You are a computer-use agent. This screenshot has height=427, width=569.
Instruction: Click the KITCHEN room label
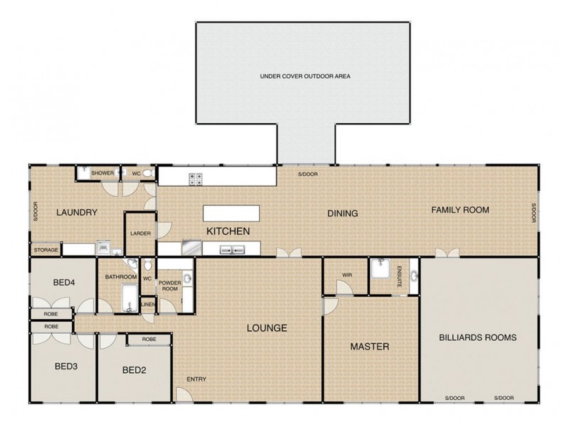pos(228,231)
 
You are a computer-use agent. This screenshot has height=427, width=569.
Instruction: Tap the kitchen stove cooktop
pos(196,179)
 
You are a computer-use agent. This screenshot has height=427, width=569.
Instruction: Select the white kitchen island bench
pos(232,213)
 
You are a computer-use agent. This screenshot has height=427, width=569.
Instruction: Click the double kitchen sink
pos(233,249)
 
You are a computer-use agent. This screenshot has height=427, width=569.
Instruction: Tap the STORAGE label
pos(45,250)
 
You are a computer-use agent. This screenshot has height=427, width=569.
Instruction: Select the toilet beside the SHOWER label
pos(146,173)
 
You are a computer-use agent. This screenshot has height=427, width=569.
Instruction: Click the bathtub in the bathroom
pos(129,297)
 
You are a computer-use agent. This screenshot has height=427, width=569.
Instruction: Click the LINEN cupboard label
pos(148,305)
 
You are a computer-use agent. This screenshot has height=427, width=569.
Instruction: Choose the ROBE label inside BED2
pos(149,339)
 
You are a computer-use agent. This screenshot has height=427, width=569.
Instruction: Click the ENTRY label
pos(196,379)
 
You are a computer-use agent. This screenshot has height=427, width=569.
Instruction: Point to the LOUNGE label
pos(267,328)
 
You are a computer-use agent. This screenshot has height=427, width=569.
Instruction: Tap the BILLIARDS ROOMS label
pos(477,337)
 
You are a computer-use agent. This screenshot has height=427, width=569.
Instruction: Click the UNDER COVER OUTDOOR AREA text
pos(306,75)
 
